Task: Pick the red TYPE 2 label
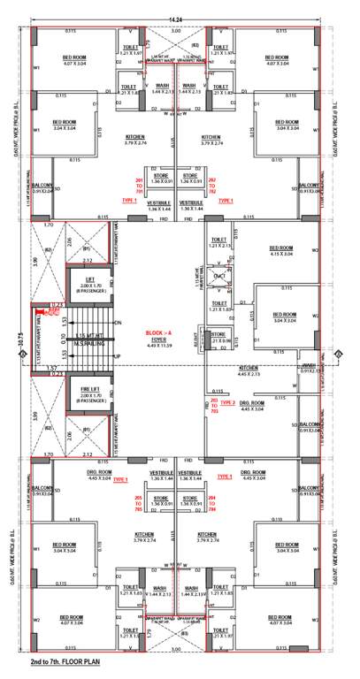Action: [x=227, y=402]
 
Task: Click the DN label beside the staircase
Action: [x=118, y=323]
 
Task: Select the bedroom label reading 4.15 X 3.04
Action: [x=280, y=252]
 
